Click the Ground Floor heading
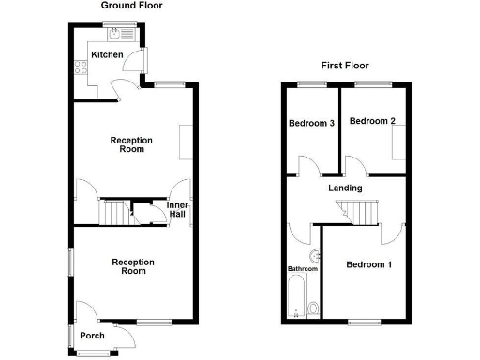(x=131, y=6)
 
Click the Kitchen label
(x=107, y=54)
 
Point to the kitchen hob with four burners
(x=76, y=67)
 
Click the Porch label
(x=92, y=336)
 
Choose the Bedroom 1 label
(x=368, y=264)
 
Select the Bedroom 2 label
(x=372, y=121)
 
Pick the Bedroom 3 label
(x=311, y=123)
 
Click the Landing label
(x=345, y=187)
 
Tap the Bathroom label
(x=303, y=269)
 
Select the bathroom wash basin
(x=312, y=256)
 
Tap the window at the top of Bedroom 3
(x=312, y=84)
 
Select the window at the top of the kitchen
(x=117, y=22)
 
